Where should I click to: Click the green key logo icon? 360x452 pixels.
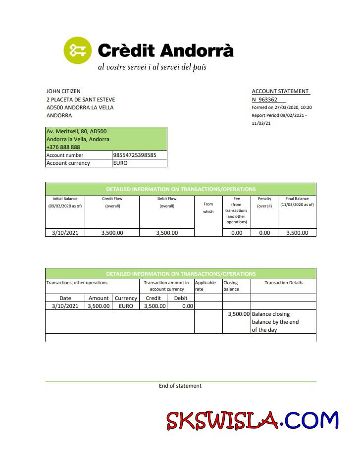[78, 50]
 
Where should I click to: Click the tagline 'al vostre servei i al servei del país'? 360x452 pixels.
[152, 67]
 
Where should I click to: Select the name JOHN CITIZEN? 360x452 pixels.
[63, 91]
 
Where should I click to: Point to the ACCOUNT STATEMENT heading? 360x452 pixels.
[280, 92]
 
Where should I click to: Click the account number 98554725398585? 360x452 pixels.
[135, 155]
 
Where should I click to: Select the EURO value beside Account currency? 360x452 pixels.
[120, 163]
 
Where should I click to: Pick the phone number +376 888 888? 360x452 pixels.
[63, 147]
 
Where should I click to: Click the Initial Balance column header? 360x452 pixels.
[65, 202]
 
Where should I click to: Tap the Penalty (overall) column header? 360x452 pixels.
[264, 202]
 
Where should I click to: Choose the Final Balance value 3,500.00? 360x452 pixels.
[297, 233]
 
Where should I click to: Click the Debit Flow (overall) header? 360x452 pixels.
[166, 202]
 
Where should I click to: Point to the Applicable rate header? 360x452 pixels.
[205, 286]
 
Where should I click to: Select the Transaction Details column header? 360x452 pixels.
[283, 283]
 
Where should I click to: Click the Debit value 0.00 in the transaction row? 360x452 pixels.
[187, 306]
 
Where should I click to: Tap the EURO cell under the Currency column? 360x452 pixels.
[126, 306]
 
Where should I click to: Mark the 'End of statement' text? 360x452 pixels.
[180, 386]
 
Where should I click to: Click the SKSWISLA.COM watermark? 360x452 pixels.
[252, 421]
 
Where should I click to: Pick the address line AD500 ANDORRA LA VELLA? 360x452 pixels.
[80, 107]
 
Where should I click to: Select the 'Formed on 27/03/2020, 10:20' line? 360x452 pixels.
[281, 107]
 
